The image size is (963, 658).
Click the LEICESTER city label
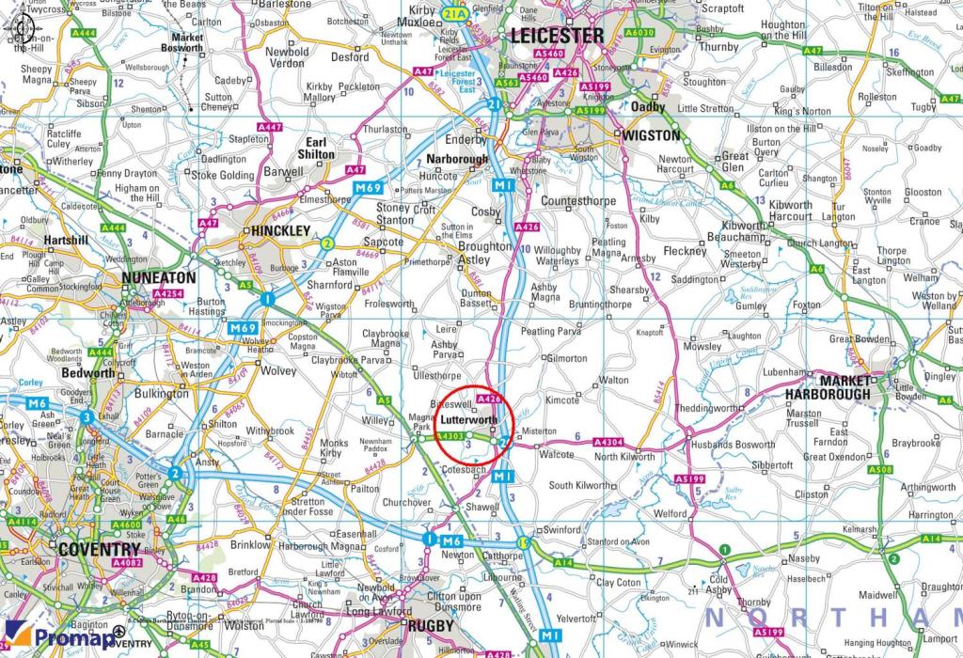pos(557,36)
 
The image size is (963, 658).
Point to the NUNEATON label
pos(158,278)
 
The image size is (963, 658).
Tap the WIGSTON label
pos(652,135)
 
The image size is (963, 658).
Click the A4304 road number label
pos(608,442)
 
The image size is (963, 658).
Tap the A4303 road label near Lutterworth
pos(450,435)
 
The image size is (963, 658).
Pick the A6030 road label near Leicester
pos(639,33)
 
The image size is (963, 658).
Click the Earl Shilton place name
pos(316,148)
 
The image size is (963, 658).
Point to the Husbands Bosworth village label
pos(732,444)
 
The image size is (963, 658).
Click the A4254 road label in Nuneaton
pos(167,294)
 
